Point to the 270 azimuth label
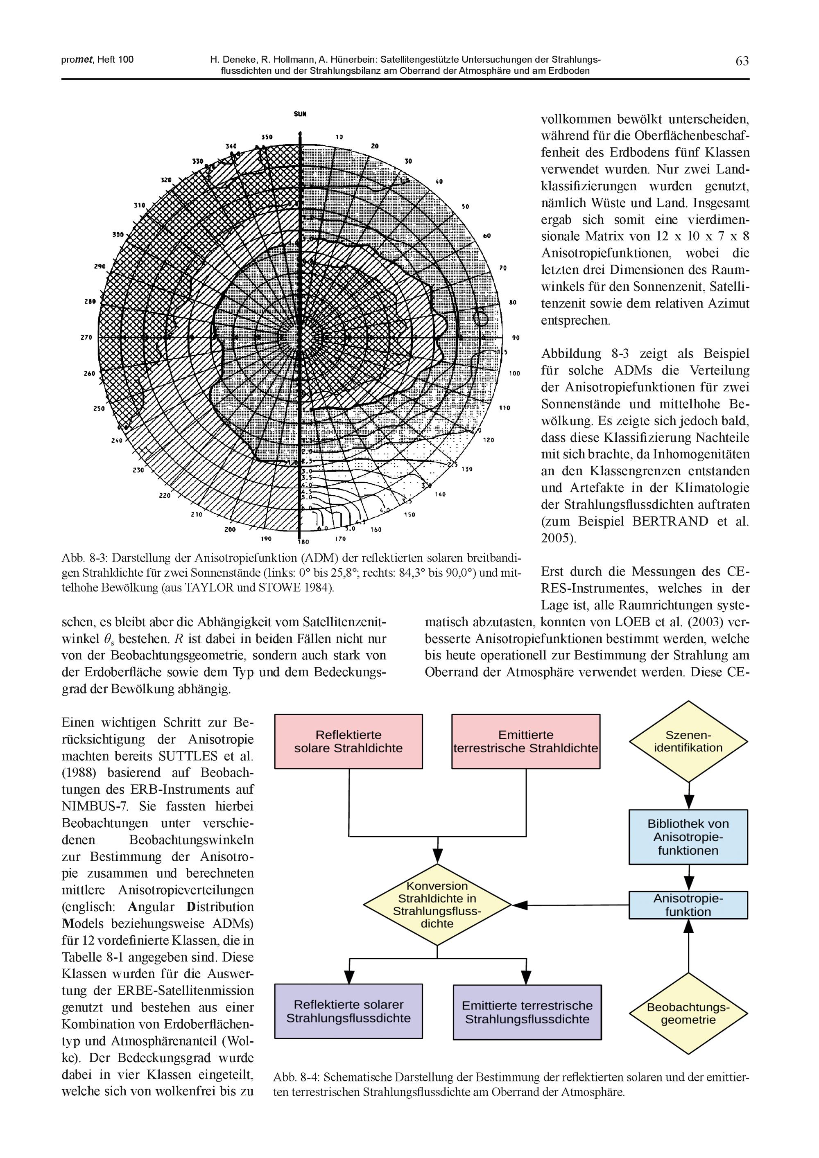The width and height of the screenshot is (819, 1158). click(x=86, y=337)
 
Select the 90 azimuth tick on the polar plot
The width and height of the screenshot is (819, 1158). click(x=516, y=337)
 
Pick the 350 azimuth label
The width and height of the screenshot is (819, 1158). click(x=267, y=137)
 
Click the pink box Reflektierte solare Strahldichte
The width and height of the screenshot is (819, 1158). click(x=348, y=741)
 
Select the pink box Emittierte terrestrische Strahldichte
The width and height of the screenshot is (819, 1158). click(x=525, y=741)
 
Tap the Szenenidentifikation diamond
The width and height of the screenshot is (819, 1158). click(x=688, y=741)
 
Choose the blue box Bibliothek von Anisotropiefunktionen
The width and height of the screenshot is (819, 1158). click(x=688, y=837)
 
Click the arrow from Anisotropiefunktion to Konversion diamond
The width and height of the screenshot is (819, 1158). click(x=570, y=905)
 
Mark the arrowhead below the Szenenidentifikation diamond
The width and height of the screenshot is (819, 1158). click(x=689, y=801)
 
